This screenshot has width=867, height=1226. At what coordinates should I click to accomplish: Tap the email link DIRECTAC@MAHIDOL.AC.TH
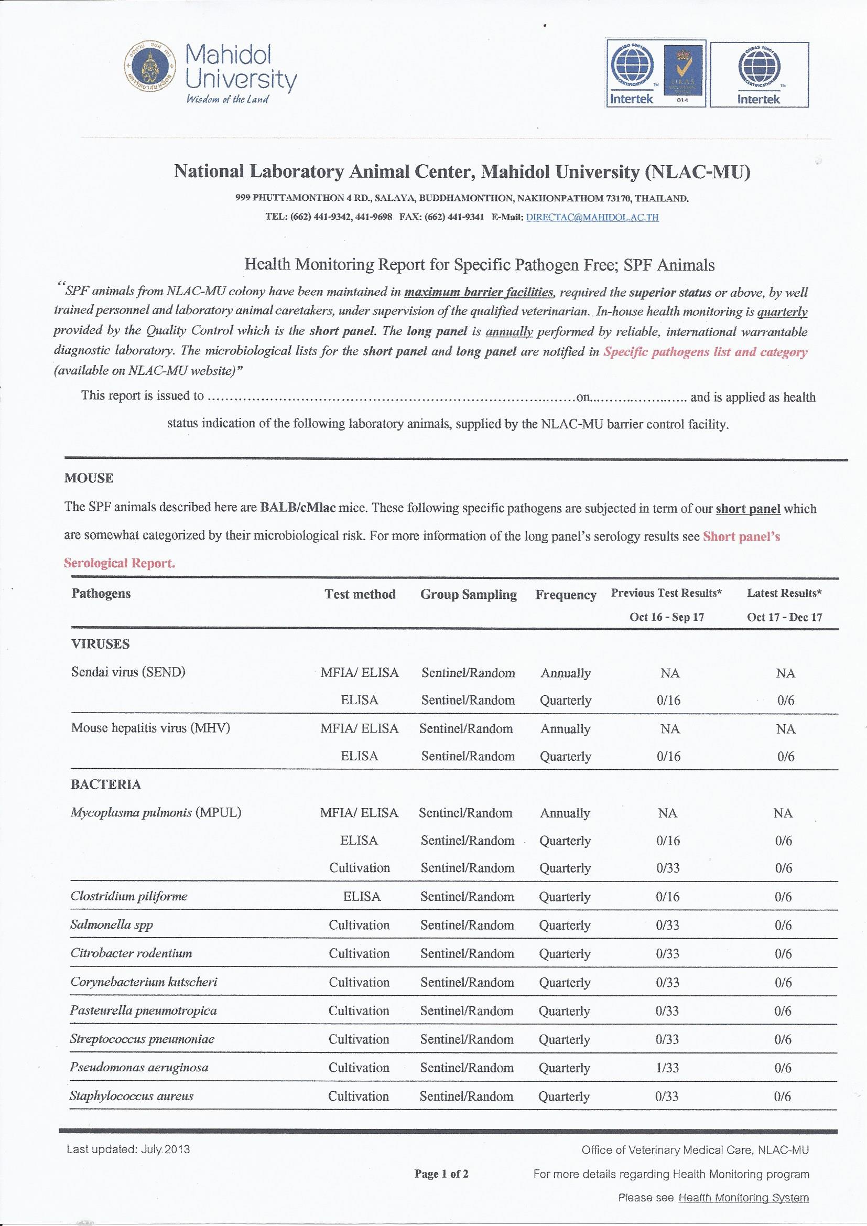[x=592, y=217]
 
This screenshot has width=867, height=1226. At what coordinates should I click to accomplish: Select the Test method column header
[x=360, y=594]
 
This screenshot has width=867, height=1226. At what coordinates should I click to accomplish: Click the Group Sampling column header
[x=468, y=595]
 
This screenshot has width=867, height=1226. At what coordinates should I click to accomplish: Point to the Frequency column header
[x=566, y=595]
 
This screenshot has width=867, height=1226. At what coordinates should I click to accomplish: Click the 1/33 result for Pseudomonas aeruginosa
[x=667, y=1068]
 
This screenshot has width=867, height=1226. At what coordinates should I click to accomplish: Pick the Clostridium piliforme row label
[x=128, y=896]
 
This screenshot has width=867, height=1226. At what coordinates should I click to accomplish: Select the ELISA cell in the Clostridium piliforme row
[x=362, y=897]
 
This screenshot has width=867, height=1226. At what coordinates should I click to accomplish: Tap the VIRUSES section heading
[x=100, y=644]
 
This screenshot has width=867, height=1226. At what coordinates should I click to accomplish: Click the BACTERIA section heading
[x=106, y=784]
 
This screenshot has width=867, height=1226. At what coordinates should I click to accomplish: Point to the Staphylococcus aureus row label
[x=132, y=1096]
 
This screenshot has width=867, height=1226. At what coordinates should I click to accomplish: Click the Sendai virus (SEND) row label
[x=128, y=672]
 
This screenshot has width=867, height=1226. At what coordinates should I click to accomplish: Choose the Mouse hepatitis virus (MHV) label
[x=150, y=728]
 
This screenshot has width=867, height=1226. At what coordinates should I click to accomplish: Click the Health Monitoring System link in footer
[x=743, y=1198]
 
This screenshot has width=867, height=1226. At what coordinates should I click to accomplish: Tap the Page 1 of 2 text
[x=441, y=1174]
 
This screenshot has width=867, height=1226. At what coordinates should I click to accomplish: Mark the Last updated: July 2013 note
[x=128, y=1149]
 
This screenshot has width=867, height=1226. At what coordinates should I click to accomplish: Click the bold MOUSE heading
[x=89, y=478]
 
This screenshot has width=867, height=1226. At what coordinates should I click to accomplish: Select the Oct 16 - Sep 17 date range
[x=666, y=617]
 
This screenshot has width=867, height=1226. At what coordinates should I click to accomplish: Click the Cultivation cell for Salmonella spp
[x=359, y=925]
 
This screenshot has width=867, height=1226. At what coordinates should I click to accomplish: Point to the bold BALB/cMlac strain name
[x=298, y=507]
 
